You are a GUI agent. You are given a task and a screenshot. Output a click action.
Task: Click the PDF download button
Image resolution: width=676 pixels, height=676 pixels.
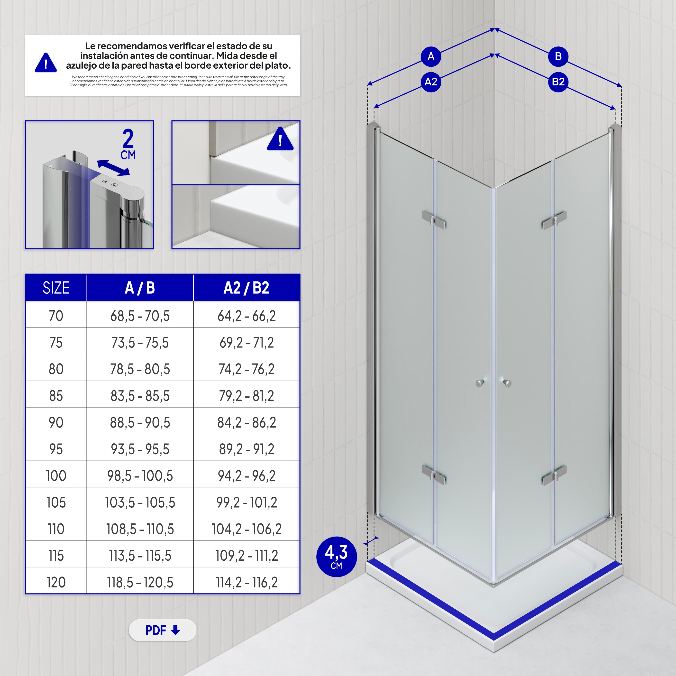tap(162, 630)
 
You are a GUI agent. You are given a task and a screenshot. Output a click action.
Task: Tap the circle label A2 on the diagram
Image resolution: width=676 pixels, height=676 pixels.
tap(431, 82)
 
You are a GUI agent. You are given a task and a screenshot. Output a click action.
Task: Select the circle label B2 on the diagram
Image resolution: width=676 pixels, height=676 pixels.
tap(558, 82)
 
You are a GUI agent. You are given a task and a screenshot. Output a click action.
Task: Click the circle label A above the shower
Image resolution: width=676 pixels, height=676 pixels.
tap(431, 56)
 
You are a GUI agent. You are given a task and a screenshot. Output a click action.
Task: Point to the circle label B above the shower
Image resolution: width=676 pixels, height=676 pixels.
tap(558, 56)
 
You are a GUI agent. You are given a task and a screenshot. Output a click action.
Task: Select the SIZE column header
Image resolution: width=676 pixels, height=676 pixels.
tap(56, 288)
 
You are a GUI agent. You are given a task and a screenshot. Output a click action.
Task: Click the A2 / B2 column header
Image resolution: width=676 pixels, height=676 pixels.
tap(246, 288)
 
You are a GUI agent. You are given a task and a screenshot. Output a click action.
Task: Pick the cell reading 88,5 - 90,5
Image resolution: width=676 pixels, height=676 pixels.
tap(140, 422)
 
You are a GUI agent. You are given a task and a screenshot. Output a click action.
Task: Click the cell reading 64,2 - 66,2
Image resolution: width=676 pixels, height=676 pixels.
tap(246, 316)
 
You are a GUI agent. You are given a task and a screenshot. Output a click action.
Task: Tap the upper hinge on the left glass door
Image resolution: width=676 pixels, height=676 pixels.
tap(434, 219)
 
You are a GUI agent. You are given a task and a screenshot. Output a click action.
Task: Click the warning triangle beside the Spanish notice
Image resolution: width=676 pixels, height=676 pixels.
tap(46, 63)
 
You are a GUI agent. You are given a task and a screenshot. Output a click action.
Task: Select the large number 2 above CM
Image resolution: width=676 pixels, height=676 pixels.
tap(128, 138)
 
